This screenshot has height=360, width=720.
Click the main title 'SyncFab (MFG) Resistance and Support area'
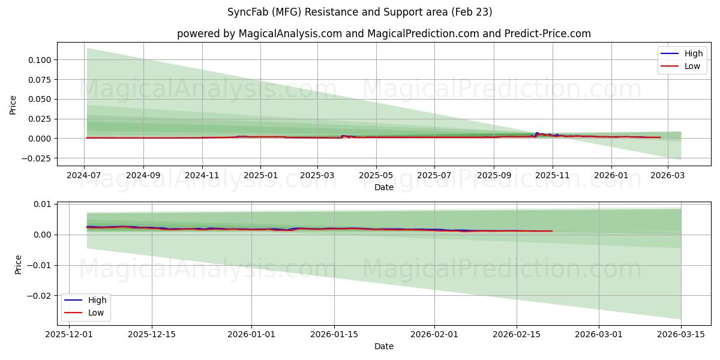[x=360, y=12]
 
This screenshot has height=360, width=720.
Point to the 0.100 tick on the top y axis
[x=40, y=59]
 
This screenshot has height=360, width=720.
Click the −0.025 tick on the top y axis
[x=37, y=158]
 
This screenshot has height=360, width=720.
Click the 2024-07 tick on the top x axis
[x=85, y=175]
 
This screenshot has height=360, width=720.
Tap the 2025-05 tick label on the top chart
[x=376, y=175]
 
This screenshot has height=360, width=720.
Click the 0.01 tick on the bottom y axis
[x=43, y=204]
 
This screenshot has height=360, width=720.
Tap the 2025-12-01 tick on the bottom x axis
[x=70, y=334]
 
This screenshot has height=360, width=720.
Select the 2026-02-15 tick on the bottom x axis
[x=517, y=334]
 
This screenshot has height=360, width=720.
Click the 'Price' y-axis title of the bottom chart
[x=18, y=265]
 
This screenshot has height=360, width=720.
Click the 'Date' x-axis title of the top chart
[x=384, y=187]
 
